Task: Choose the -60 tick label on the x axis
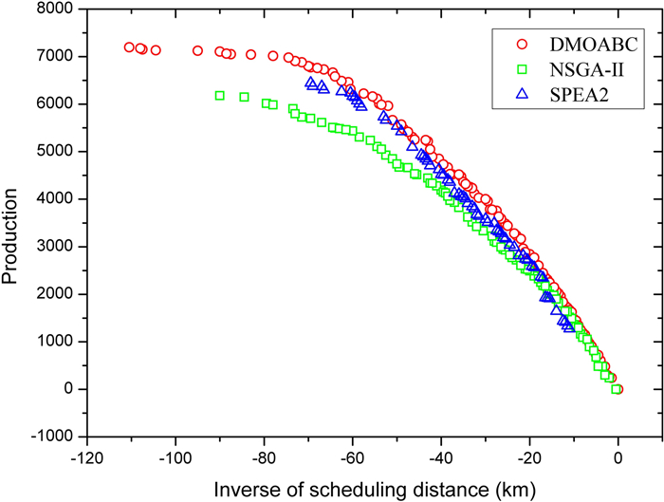click(x=353, y=456)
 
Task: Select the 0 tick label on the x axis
click(x=618, y=456)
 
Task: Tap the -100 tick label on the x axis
click(x=175, y=456)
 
